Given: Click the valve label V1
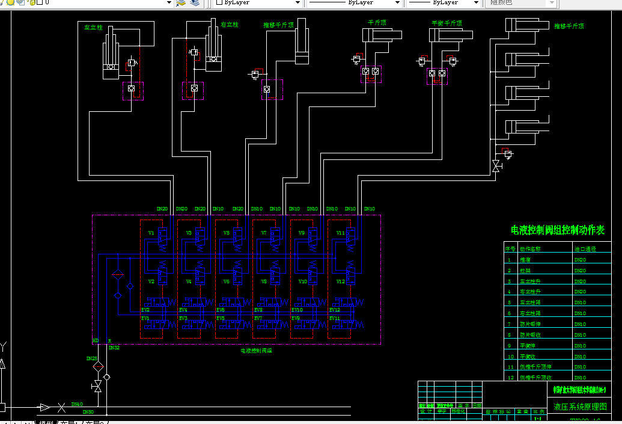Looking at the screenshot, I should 151,232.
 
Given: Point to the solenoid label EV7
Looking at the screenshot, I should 258,318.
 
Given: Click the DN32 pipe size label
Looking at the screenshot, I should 114,347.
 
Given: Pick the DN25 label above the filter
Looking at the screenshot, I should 91,358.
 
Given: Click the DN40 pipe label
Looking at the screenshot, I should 77,405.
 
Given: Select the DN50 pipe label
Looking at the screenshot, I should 88,412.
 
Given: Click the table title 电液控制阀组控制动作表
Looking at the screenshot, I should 557,230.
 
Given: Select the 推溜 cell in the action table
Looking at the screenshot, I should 525,260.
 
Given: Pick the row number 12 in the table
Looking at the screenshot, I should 510,377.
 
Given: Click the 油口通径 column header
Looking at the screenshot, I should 585,249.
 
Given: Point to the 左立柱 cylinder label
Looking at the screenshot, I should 94,28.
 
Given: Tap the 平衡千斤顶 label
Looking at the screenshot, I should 447,23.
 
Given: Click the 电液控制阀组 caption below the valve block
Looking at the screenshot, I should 256,350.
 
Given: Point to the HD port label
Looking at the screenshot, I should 95,341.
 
